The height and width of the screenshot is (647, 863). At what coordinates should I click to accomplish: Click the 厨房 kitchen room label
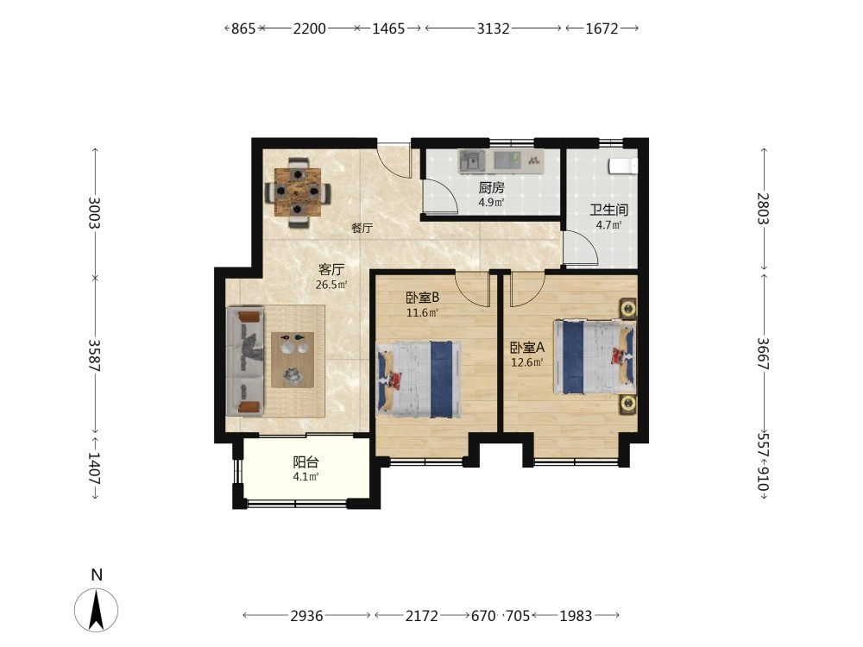(x=491, y=187)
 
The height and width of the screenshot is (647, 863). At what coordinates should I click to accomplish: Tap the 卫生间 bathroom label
(x=608, y=210)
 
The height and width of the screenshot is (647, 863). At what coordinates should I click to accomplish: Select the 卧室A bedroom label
(x=526, y=347)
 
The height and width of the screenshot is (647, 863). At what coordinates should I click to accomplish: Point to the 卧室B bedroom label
(x=422, y=298)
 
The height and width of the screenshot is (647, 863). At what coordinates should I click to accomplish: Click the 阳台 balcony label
(x=306, y=462)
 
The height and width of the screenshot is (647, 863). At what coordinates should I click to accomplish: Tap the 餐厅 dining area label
(x=362, y=228)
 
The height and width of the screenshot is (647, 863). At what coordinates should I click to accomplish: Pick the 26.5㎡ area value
(x=331, y=285)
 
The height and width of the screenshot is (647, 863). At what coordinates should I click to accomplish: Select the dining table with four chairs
(x=298, y=192)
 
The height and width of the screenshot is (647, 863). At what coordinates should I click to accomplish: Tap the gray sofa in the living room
(x=245, y=361)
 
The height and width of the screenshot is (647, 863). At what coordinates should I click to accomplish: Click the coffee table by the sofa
(x=293, y=360)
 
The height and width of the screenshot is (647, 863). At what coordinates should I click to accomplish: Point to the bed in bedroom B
(x=419, y=379)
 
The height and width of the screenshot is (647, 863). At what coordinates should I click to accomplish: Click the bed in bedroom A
(x=595, y=356)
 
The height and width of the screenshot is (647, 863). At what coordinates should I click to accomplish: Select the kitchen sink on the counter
(x=472, y=160)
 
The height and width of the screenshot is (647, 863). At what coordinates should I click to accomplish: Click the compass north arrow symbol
(x=97, y=610)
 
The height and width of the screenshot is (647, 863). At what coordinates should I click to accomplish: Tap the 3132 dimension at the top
(x=493, y=28)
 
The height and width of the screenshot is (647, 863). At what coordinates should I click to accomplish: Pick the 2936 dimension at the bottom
(x=306, y=615)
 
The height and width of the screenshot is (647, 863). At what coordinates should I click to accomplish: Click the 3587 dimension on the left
(x=95, y=355)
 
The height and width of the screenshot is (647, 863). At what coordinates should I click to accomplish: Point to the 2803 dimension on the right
(x=764, y=209)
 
